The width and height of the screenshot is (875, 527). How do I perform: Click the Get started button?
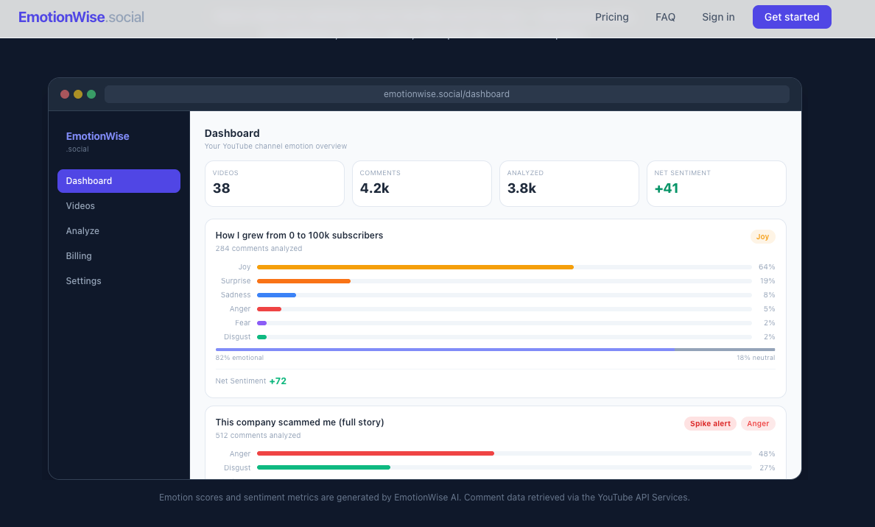(791, 17)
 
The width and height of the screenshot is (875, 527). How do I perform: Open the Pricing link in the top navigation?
(611, 17)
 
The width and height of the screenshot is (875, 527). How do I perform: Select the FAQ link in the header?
(665, 17)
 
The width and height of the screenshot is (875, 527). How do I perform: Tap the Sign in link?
(718, 17)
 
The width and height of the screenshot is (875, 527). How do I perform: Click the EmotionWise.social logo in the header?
(81, 17)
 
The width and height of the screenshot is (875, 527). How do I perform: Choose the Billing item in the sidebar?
(79, 256)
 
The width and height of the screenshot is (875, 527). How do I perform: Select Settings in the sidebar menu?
(83, 281)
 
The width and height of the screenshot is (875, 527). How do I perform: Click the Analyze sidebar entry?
(82, 231)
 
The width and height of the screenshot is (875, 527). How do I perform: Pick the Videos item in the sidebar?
(80, 206)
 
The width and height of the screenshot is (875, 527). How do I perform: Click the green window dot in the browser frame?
(91, 94)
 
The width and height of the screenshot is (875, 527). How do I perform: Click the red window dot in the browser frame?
(65, 94)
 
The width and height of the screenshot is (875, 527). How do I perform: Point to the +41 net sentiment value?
(667, 188)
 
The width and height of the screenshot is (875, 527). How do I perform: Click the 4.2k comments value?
(374, 188)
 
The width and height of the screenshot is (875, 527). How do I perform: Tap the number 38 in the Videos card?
(222, 188)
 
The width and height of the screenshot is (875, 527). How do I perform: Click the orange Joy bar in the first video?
(415, 267)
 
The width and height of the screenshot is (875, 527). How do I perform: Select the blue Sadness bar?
(276, 295)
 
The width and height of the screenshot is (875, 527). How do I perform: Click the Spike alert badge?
(710, 424)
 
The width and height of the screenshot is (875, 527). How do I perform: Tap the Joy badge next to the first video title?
(762, 237)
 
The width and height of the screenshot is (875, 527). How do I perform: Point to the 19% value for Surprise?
(767, 281)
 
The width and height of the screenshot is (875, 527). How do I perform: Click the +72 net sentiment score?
(278, 381)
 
